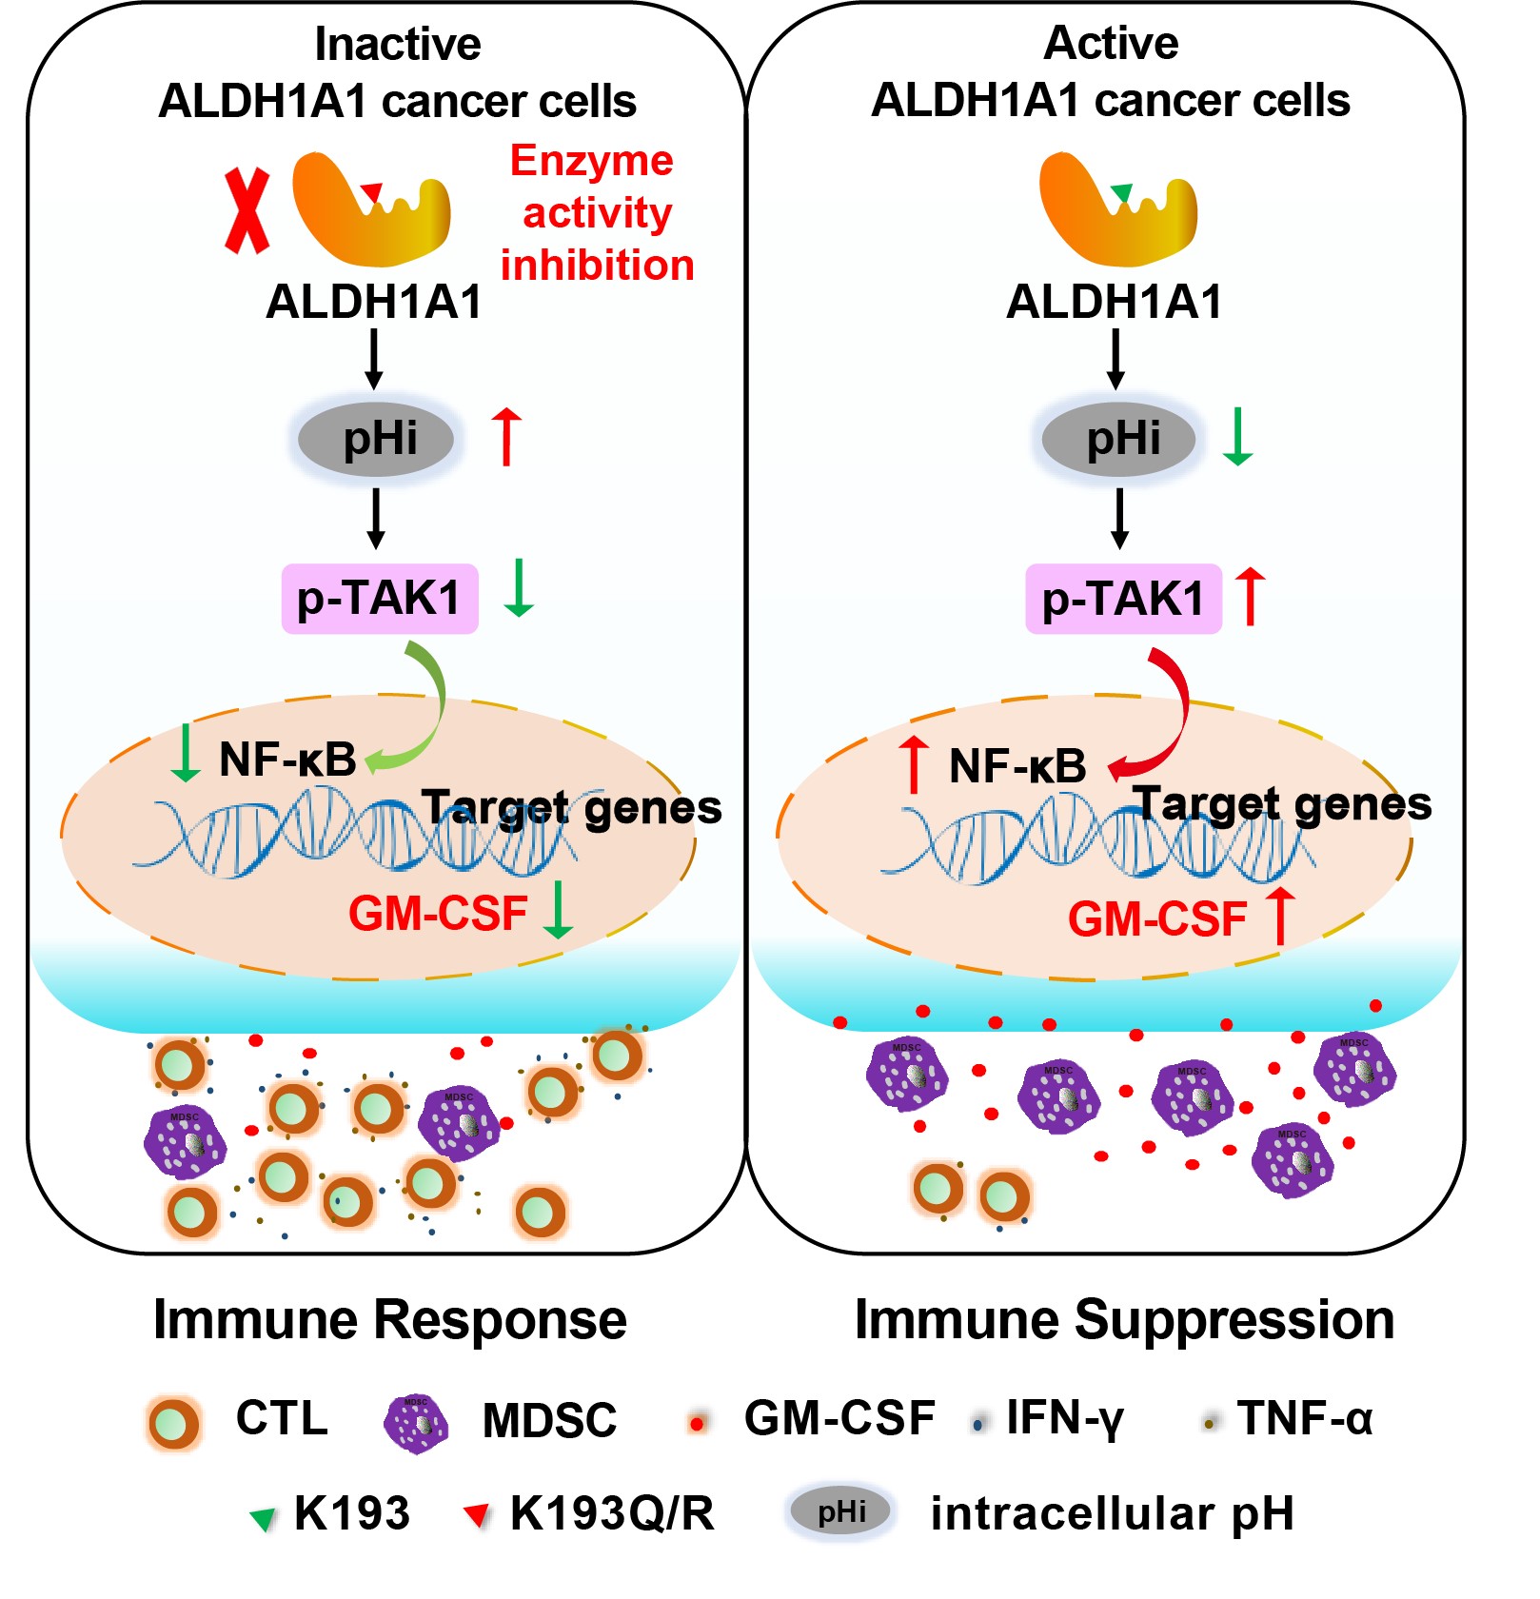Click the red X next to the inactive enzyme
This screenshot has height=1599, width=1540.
247,211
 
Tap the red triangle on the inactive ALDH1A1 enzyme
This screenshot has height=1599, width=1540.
372,192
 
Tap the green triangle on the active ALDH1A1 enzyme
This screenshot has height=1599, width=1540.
1121,192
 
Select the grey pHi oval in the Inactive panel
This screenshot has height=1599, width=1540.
377,440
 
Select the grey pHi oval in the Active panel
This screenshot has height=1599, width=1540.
1119,440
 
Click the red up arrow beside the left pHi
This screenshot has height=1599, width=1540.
506,437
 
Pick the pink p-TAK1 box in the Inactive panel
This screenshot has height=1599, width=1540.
379,599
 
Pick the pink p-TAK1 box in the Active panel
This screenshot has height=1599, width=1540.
1123,599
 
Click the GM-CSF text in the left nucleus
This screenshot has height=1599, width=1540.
438,914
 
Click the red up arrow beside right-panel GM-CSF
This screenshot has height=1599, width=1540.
1281,916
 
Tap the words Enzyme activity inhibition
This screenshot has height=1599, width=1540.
596,213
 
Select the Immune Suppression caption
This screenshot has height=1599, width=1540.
1124,1320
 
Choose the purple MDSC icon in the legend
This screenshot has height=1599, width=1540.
416,1424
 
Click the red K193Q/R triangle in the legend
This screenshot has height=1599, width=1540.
477,1514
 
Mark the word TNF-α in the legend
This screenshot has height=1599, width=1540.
1305,1419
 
